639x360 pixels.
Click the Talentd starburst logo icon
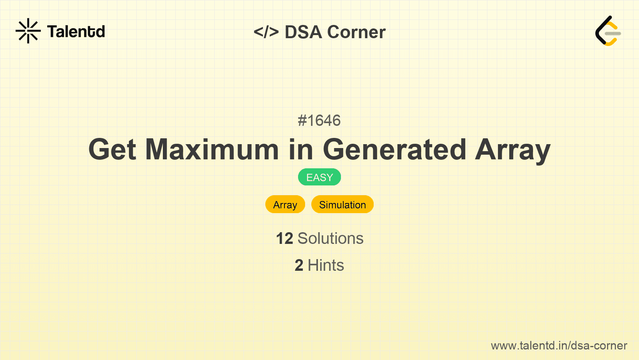point(28,31)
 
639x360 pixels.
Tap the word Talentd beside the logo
point(76,31)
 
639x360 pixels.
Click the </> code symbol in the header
point(266,32)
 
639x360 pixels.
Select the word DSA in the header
point(304,32)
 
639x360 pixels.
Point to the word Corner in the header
point(356,32)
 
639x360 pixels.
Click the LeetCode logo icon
point(608,31)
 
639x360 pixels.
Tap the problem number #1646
point(319,120)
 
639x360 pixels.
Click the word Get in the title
point(112,150)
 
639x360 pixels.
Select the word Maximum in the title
point(212,150)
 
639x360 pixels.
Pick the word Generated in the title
point(395,150)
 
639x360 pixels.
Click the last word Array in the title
point(513,151)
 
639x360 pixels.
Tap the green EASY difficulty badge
point(319,177)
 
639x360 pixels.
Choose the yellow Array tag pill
point(285,205)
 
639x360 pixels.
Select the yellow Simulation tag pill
point(342,205)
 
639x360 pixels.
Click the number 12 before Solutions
point(284,238)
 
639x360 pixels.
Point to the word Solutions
point(331,238)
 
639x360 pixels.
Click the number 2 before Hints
point(299,265)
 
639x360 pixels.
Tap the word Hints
point(326,265)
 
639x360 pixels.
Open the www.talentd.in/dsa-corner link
point(559,346)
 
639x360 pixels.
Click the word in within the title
point(301,150)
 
